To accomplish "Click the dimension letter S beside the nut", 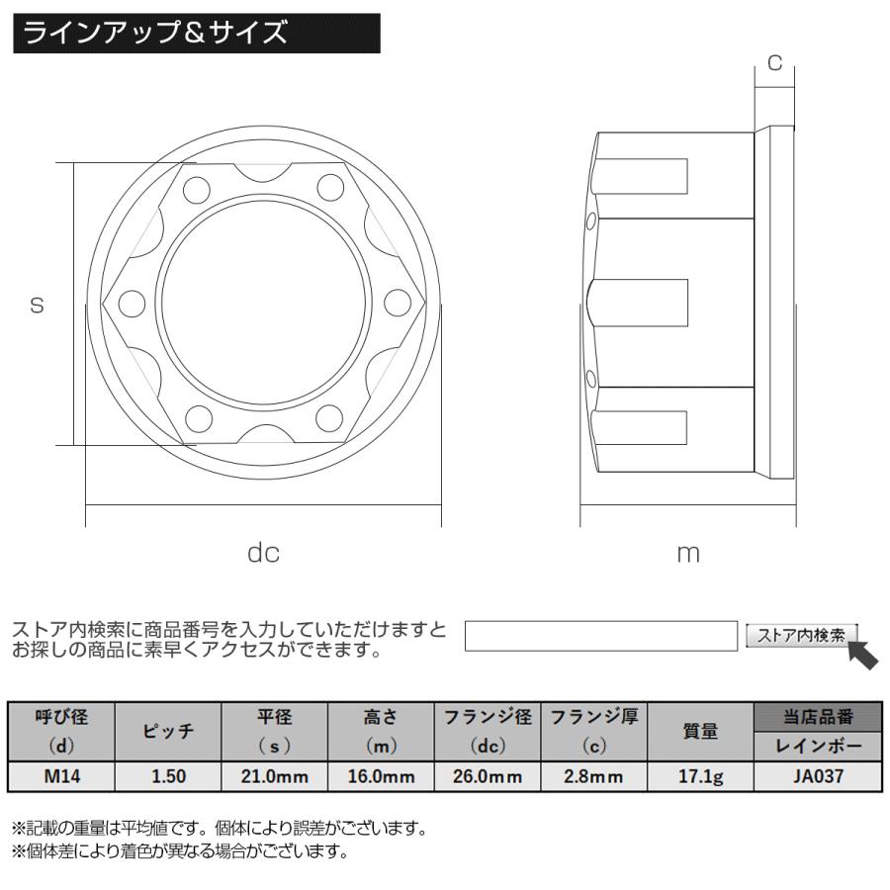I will click(37, 307).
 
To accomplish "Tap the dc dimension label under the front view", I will click(263, 553).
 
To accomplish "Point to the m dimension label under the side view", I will click(688, 553).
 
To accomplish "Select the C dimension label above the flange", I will click(775, 63).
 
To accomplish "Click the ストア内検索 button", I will click(801, 636).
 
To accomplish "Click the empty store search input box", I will click(601, 636).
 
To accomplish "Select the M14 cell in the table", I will click(62, 776).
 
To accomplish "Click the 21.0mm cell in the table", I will click(274, 776).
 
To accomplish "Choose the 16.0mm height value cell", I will click(381, 776).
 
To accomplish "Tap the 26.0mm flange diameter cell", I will click(488, 776).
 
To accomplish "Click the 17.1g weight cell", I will click(700, 776).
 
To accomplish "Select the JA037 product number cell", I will click(818, 776).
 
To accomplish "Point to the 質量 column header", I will click(700, 732).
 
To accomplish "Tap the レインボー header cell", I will click(818, 746).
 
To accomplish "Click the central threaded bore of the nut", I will click(263, 307).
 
